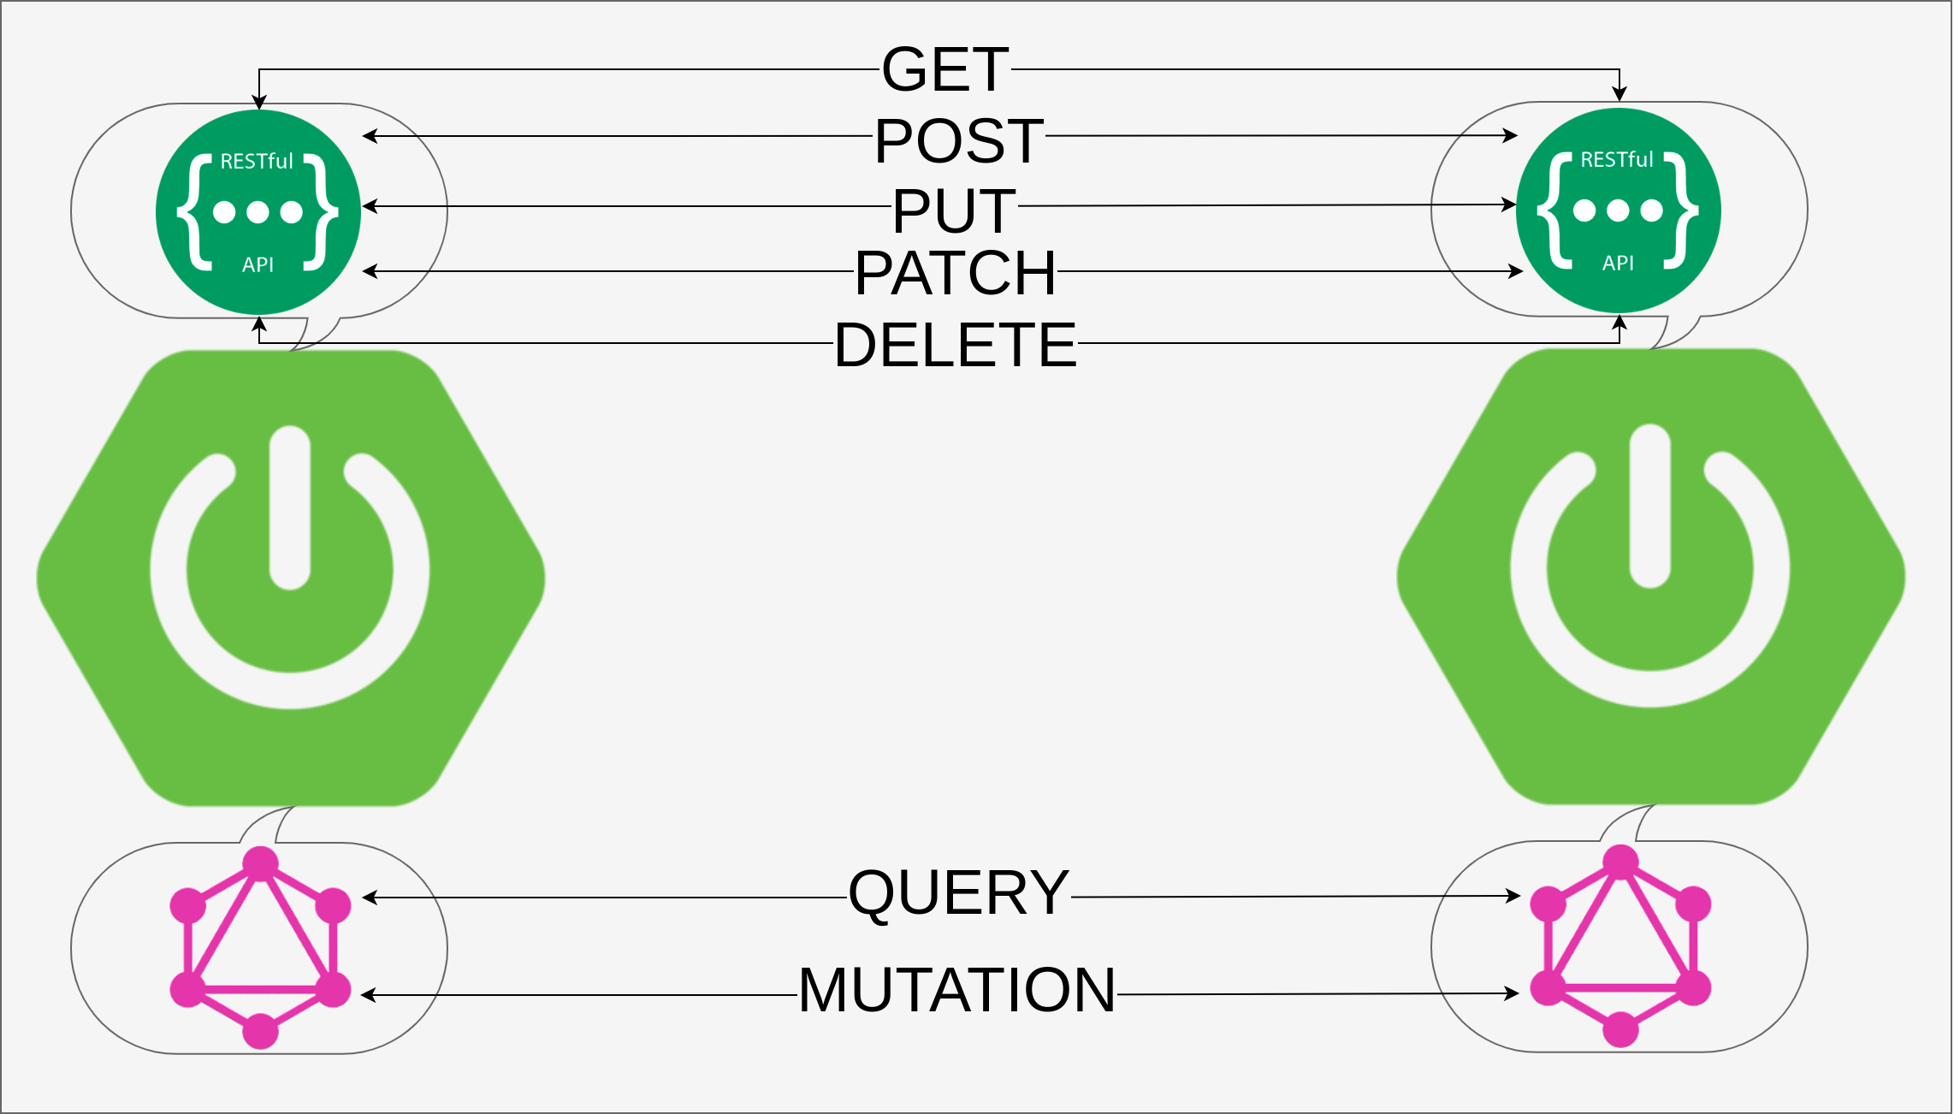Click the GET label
(945, 69)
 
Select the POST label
(958, 140)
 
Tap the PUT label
(954, 210)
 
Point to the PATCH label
(955, 274)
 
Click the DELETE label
(955, 345)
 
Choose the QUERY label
(958, 892)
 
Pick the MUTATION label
(956, 990)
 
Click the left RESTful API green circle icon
(258, 212)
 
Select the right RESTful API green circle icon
(1618, 210)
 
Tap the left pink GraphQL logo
(260, 947)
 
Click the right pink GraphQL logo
(1619, 945)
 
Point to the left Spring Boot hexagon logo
(291, 578)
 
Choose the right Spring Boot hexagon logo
(1650, 577)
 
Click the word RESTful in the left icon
(256, 161)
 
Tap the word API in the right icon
(1618, 263)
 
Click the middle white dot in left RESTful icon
(258, 212)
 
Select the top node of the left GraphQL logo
(260, 863)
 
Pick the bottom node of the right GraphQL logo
(1619, 1029)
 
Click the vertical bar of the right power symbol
(1650, 505)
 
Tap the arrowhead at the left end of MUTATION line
(369, 995)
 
